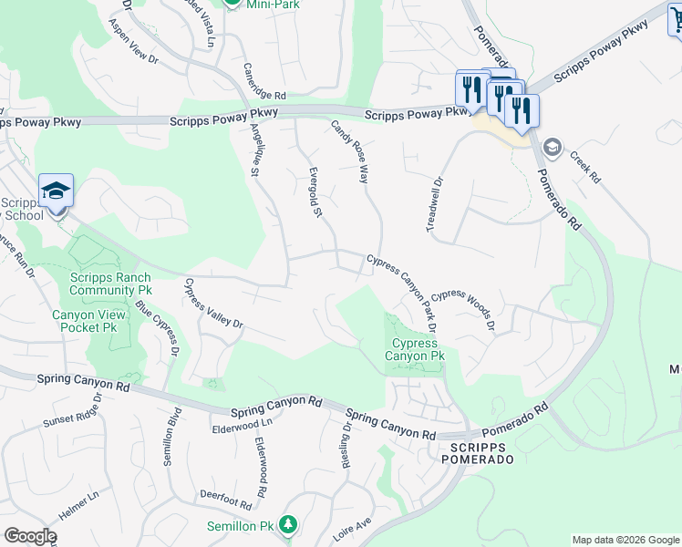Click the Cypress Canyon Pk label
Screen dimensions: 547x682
tap(418, 350)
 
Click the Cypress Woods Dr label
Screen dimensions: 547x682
tap(464, 309)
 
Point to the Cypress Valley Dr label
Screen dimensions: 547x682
tap(214, 304)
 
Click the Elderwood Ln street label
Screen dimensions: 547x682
tap(243, 425)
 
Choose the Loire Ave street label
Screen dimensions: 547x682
tap(352, 529)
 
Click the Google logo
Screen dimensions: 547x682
tap(31, 536)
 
